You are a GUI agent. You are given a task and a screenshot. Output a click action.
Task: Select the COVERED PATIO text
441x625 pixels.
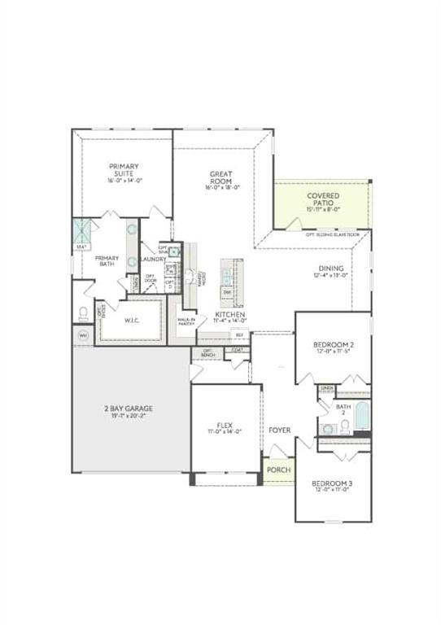click(323, 196)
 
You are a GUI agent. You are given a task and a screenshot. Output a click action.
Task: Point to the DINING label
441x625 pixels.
click(331, 269)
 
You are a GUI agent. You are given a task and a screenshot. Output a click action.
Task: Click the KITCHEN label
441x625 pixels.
click(231, 314)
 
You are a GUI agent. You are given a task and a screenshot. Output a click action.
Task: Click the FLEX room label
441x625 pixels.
click(225, 425)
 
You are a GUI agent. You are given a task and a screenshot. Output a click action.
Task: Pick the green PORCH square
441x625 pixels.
click(279, 470)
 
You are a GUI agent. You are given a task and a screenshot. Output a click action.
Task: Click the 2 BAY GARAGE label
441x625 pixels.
click(128, 408)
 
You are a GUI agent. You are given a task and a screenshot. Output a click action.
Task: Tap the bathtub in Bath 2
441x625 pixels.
click(362, 417)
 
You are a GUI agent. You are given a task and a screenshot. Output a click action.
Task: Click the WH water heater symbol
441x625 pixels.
click(83, 334)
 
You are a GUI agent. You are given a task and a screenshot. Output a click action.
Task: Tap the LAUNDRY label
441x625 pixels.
click(152, 259)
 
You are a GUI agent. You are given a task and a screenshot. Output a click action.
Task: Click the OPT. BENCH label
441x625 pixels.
click(207, 353)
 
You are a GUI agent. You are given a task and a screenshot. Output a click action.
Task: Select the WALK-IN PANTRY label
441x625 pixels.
click(186, 321)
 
